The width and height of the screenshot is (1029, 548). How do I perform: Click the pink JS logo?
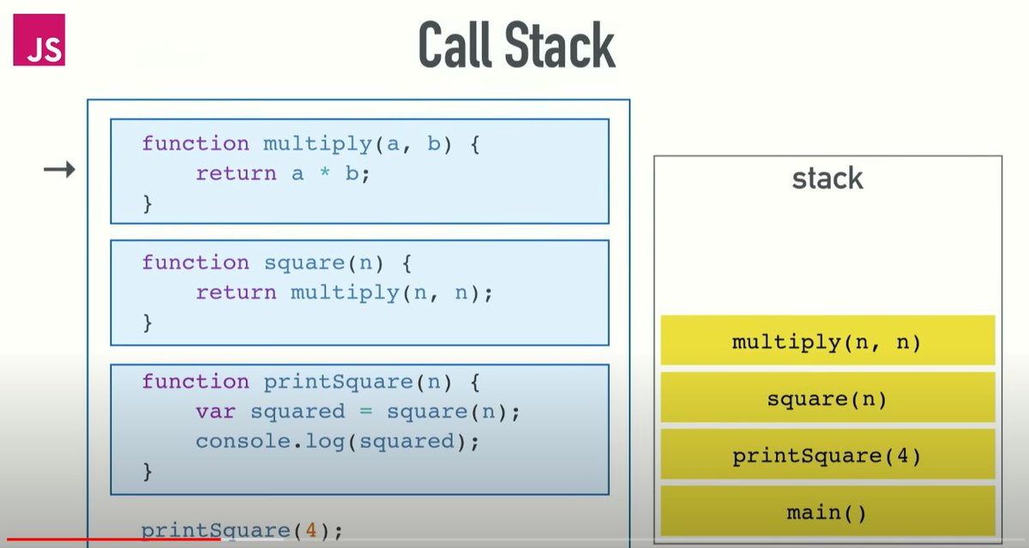39,39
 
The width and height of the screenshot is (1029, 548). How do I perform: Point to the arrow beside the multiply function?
59,171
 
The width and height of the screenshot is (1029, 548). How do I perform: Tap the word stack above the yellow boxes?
827,178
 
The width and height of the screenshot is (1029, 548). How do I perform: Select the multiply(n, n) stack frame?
827,342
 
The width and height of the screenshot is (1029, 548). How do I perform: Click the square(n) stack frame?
827,399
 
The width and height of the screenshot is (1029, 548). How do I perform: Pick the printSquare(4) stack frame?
827,455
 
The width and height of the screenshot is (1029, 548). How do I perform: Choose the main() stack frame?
827,512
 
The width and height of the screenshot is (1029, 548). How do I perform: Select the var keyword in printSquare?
214,412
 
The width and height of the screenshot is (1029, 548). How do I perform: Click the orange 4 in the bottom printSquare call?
312,531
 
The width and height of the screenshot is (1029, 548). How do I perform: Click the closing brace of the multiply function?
147,204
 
